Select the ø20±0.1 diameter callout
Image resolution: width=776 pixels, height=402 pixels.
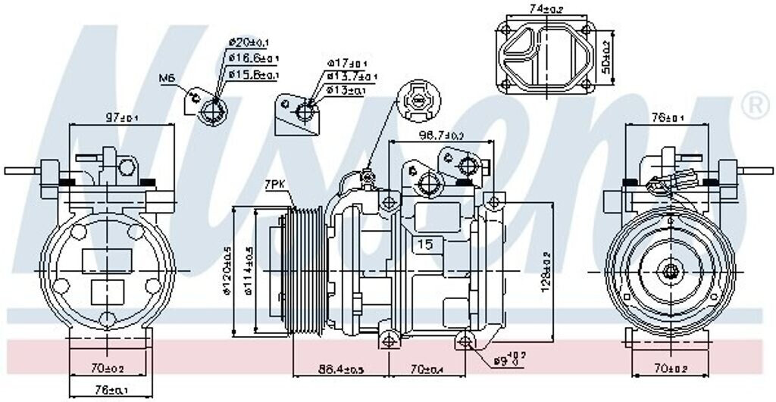click(252, 42)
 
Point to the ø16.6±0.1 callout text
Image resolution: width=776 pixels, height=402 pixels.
click(255, 58)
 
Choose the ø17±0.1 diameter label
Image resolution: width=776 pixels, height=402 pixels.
click(348, 63)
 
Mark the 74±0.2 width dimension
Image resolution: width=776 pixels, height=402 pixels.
click(546, 9)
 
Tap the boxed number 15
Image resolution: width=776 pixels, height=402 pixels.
click(425, 245)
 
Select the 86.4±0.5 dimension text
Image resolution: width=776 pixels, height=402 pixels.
click(340, 369)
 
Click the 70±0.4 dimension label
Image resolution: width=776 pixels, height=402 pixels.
click(428, 369)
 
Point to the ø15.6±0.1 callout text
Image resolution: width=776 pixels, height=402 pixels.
click(255, 74)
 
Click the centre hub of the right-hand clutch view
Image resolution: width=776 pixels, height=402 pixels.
click(670, 270)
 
